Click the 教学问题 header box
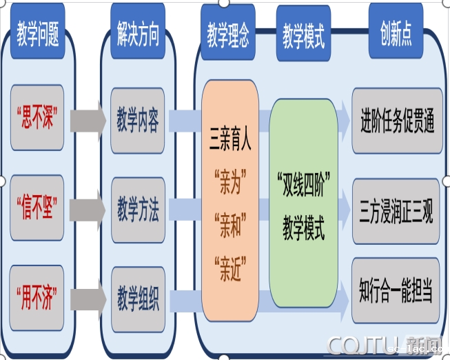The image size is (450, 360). [x=38, y=32]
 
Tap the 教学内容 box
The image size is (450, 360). [x=138, y=119]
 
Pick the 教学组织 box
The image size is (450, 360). [x=138, y=299]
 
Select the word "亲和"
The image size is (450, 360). [x=230, y=222]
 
